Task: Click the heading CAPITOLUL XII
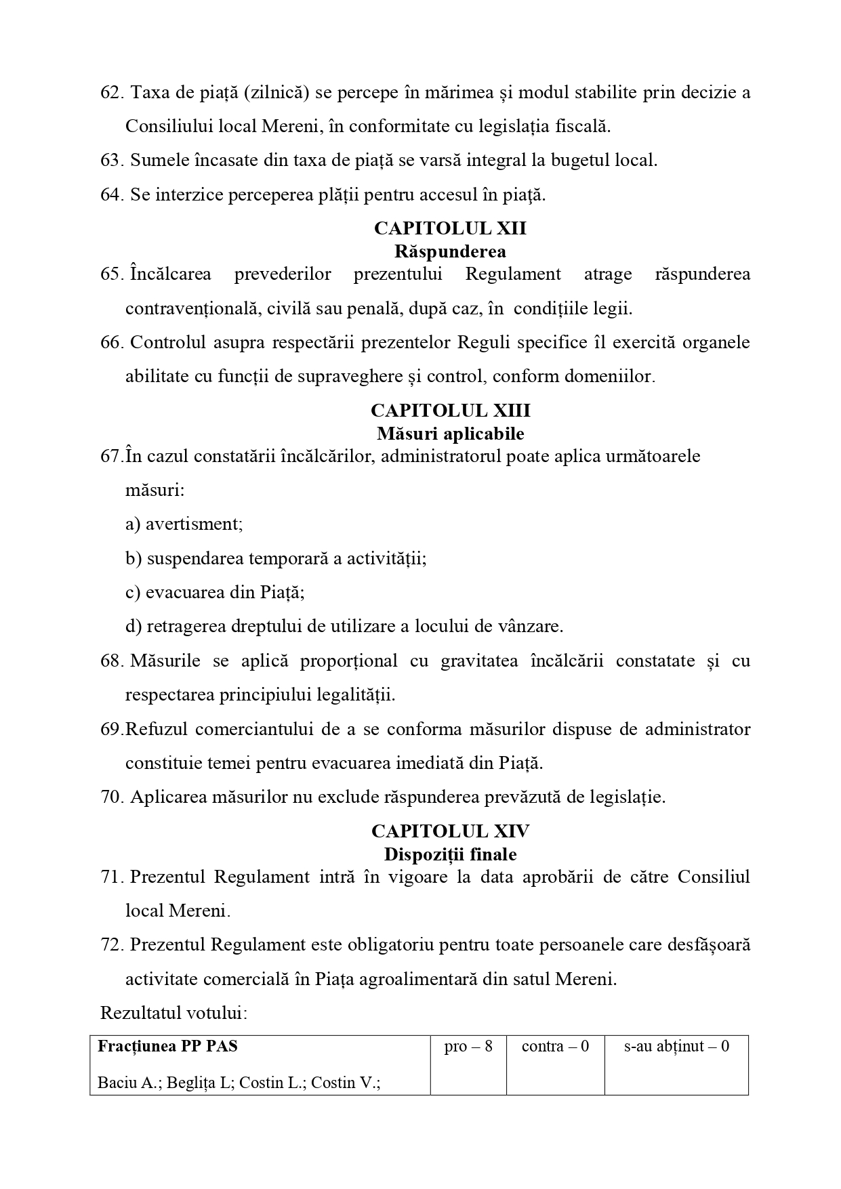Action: click(450, 228)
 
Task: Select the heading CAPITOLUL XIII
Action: click(450, 411)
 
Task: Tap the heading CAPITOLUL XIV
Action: click(450, 831)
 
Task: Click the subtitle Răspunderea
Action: click(450, 251)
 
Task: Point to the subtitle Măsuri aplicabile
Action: click(450, 433)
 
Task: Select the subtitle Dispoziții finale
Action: click(450, 854)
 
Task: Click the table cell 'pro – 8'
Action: click(468, 1047)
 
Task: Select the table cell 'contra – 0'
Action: click(555, 1047)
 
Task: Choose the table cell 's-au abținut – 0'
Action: click(676, 1047)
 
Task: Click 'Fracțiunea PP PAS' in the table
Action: click(168, 1047)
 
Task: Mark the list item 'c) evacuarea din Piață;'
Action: click(215, 592)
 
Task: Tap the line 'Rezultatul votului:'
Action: click(173, 1013)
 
